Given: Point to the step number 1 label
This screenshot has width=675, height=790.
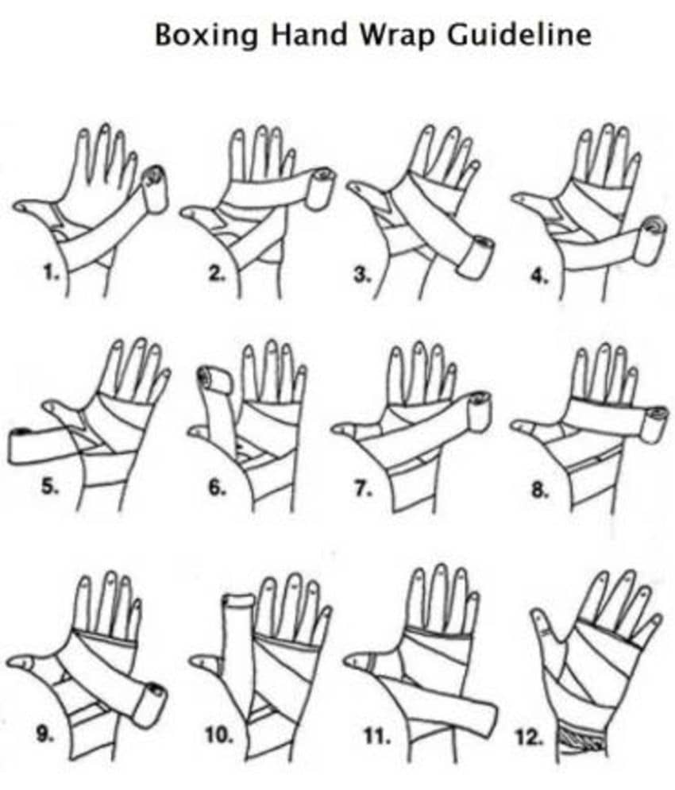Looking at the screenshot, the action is click(51, 274).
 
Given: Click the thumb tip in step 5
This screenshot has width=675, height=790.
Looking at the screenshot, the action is click(48, 404).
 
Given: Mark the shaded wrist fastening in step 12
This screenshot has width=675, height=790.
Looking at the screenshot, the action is click(581, 740).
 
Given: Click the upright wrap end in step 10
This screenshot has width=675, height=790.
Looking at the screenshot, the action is click(239, 601).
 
